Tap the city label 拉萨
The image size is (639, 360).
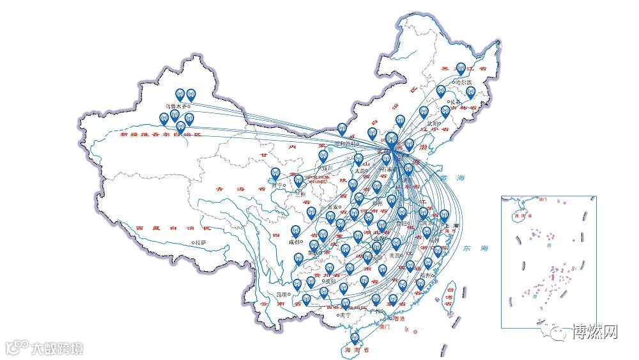(200, 242)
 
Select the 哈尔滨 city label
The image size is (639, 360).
(463, 82)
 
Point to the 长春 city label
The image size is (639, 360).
(454, 102)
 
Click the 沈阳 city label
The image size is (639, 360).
(433, 123)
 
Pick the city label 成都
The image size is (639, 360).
(293, 242)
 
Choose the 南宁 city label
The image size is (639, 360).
(346, 315)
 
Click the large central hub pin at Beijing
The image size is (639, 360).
(391, 140)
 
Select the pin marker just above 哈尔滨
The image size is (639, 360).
(460, 68)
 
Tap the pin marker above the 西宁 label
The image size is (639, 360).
(275, 173)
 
